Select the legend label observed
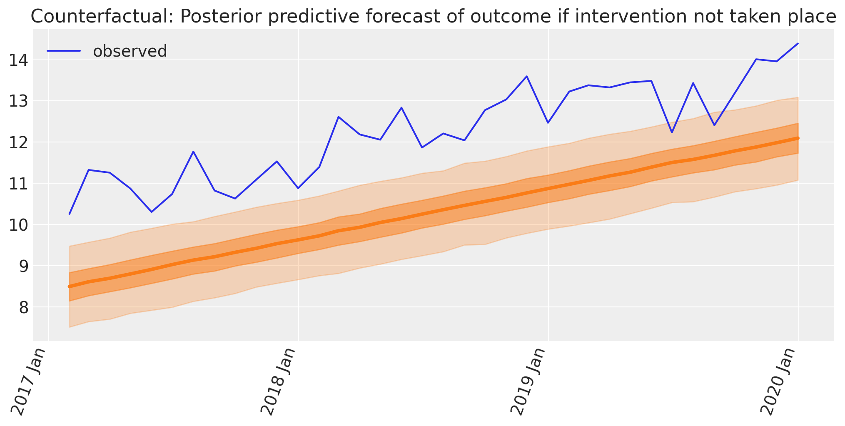[130, 51]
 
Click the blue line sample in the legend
[63, 51]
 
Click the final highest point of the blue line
[798, 43]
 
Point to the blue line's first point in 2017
[70, 214]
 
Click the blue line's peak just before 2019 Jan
[527, 76]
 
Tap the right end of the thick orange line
[798, 138]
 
